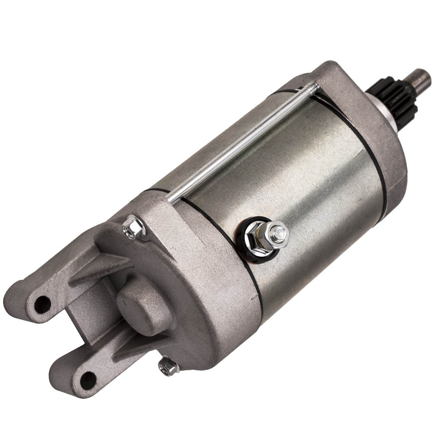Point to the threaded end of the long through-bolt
[x=313, y=86]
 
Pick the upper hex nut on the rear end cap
[x=135, y=227]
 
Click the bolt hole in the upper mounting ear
[x=42, y=304]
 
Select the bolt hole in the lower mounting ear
[x=88, y=380]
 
